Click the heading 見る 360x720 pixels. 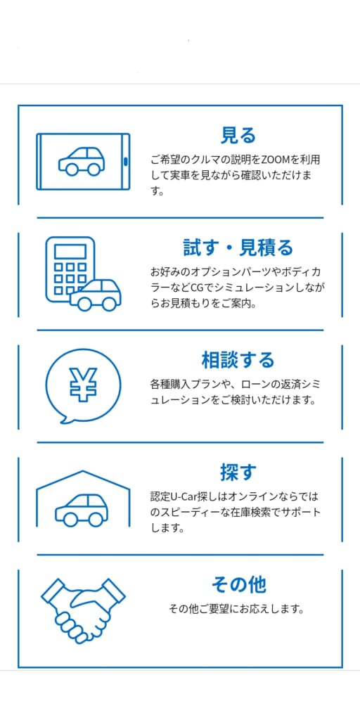(x=238, y=136)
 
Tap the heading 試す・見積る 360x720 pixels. (x=238, y=248)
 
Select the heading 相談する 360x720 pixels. (x=238, y=360)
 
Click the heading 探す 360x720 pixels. (x=238, y=472)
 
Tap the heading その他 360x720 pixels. (x=238, y=584)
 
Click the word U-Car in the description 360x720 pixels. (x=182, y=497)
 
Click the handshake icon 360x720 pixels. (x=83, y=610)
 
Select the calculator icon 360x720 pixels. (x=69, y=269)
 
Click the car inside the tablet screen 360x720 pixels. (x=82, y=161)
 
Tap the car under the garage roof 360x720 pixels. (x=82, y=510)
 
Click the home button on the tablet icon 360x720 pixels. (x=125, y=161)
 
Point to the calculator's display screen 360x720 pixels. (x=70, y=252)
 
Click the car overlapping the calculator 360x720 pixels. (x=96, y=295)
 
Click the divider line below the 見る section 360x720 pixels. (x=180, y=218)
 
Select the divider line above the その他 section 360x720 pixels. (x=180, y=555)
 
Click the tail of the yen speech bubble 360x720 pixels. (x=63, y=420)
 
